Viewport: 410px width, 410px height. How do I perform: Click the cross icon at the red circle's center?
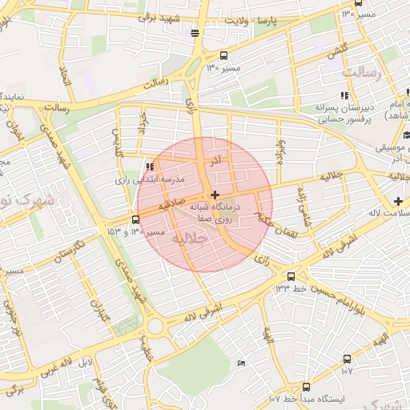[x=214, y=195]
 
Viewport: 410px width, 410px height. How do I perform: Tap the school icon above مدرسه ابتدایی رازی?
[x=149, y=167]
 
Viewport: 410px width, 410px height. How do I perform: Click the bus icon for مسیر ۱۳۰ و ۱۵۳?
[x=135, y=219]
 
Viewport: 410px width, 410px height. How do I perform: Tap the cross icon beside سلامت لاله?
[x=398, y=199]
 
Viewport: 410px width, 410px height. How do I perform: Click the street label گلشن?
[x=336, y=52]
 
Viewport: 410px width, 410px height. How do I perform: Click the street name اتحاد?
[x=64, y=78]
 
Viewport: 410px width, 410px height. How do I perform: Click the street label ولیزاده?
[x=303, y=205]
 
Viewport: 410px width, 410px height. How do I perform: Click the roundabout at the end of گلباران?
[x=155, y=327]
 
